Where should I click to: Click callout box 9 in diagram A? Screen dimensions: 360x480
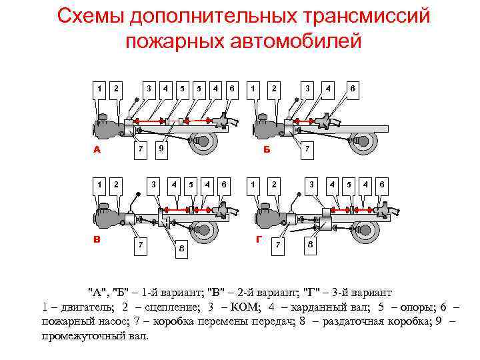pyautogui.click(x=161, y=149)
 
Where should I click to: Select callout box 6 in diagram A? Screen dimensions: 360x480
pyautogui.click(x=231, y=87)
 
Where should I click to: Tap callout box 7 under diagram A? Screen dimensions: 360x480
pyautogui.click(x=140, y=149)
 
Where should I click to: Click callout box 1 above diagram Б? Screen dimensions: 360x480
pyautogui.click(x=253, y=87)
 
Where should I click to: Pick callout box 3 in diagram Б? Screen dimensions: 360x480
pyautogui.click(x=308, y=87)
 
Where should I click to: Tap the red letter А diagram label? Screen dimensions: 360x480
pyautogui.click(x=97, y=150)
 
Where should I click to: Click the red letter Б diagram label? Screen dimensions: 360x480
pyautogui.click(x=267, y=150)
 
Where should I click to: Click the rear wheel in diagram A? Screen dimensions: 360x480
pyautogui.click(x=205, y=142)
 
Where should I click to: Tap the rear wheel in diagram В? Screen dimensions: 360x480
pyautogui.click(x=205, y=231)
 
